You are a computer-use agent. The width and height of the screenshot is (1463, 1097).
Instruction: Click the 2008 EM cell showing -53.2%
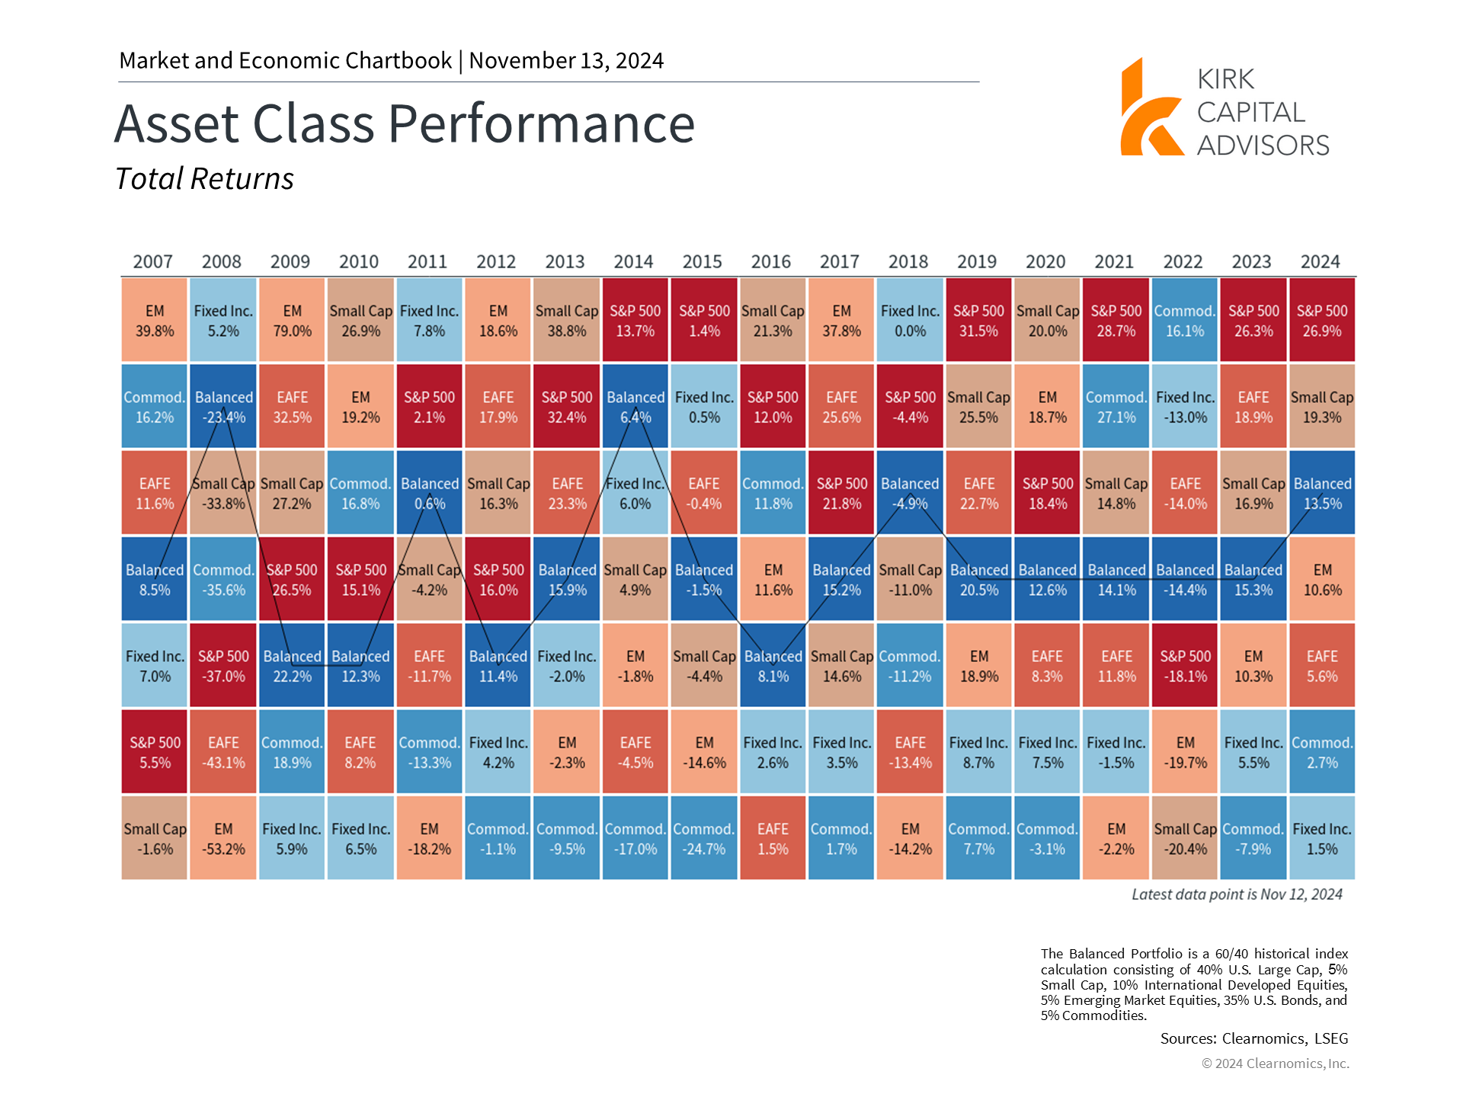tap(223, 838)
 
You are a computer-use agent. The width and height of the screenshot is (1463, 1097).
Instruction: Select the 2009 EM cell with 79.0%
tap(292, 320)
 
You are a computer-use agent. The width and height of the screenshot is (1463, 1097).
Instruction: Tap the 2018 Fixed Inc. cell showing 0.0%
tap(910, 320)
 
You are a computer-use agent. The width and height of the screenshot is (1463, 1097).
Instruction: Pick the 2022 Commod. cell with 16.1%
tap(1185, 320)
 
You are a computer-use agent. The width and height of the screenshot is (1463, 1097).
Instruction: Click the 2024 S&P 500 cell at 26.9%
tap(1322, 320)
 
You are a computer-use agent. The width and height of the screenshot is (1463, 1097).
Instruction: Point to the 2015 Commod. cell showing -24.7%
tap(704, 838)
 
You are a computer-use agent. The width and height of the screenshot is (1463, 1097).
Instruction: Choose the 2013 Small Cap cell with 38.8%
tap(567, 320)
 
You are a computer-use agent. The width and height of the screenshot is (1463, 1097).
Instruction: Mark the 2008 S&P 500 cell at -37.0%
tap(223, 665)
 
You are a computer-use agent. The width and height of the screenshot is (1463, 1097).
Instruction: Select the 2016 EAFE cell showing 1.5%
tap(773, 838)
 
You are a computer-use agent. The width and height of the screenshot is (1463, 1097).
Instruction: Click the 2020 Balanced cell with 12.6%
tap(1048, 579)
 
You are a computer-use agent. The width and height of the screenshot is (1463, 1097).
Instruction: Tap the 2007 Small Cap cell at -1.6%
tap(155, 838)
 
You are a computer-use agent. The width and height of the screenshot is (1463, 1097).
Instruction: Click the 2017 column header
tap(840, 261)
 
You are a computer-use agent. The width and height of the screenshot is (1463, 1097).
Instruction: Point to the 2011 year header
tap(427, 261)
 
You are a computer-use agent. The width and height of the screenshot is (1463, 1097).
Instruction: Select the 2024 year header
tap(1321, 261)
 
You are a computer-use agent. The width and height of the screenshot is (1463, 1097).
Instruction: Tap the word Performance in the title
tap(542, 123)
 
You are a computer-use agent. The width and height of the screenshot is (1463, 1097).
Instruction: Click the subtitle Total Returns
tap(204, 179)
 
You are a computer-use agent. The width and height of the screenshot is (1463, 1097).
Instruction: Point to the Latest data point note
tap(1237, 894)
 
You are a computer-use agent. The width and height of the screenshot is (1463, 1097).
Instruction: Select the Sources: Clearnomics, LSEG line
tap(1254, 1038)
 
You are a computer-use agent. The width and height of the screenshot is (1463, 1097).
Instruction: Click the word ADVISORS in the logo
tap(1263, 146)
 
